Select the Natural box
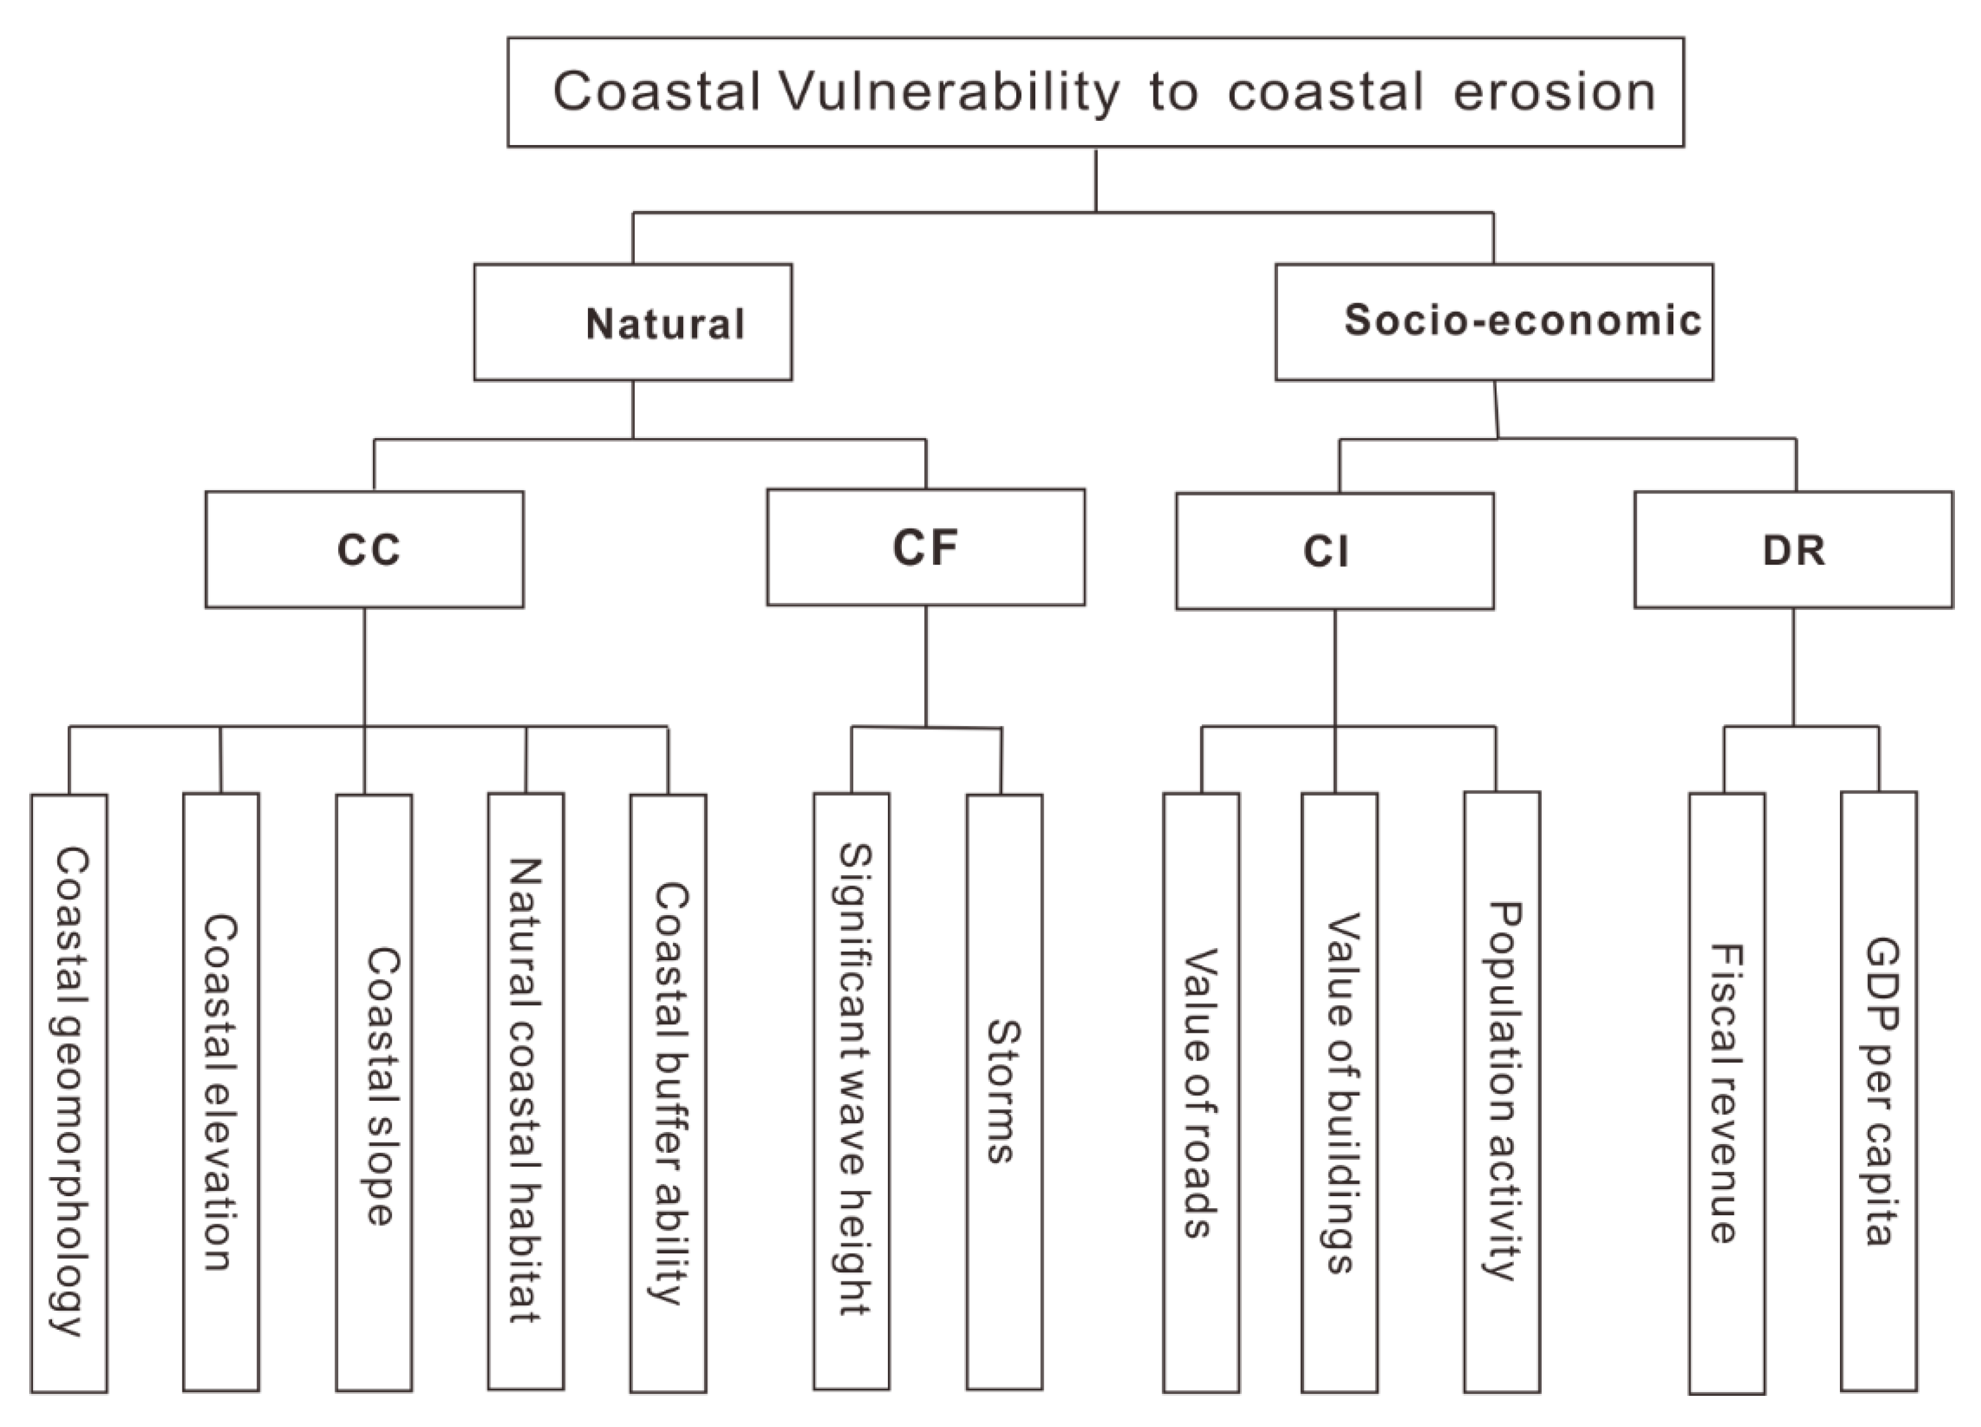(x=632, y=322)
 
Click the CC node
(x=364, y=549)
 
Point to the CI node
(x=1334, y=551)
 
